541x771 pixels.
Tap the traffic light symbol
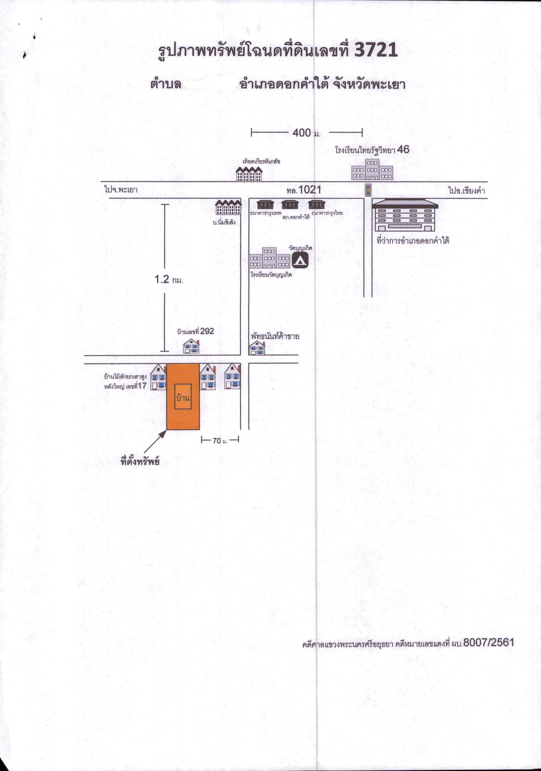(x=368, y=190)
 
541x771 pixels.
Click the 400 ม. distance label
(x=306, y=133)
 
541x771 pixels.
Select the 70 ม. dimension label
(x=220, y=441)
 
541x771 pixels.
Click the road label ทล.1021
(x=304, y=190)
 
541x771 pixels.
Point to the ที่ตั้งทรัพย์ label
(x=140, y=461)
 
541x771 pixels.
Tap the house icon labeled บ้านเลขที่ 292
(x=191, y=346)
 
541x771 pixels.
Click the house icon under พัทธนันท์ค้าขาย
(x=257, y=348)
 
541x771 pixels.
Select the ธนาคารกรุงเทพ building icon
(x=265, y=204)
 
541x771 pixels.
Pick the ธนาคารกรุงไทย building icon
(x=317, y=204)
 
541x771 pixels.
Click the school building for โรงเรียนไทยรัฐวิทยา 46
(x=372, y=169)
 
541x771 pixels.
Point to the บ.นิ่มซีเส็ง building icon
(x=228, y=207)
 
